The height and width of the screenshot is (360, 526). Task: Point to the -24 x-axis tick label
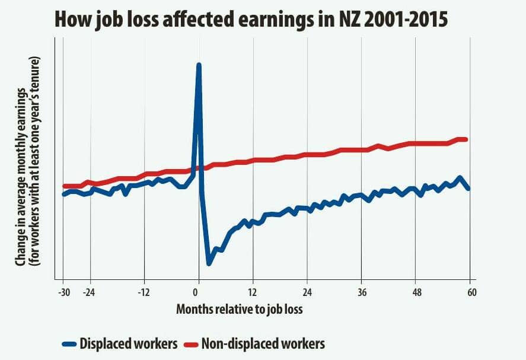pos(90,292)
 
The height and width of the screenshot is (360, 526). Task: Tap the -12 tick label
pos(144,292)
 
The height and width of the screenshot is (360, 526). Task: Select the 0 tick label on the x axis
pos(196,292)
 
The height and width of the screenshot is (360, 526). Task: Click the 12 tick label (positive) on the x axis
pos(253,292)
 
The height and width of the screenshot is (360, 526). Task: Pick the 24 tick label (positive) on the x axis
pos(307,292)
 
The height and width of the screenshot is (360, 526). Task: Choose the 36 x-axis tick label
pos(362,292)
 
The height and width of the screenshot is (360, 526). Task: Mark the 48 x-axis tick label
pos(416,292)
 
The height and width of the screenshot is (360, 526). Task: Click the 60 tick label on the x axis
pos(472,292)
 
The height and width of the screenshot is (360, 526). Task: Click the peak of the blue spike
pos(199,65)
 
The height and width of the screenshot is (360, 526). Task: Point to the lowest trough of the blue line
pos(209,263)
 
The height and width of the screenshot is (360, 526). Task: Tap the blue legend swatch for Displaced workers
pos(70,343)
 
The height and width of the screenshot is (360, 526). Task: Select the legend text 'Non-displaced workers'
pos(263,343)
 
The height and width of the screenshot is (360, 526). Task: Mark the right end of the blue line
pos(468,189)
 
